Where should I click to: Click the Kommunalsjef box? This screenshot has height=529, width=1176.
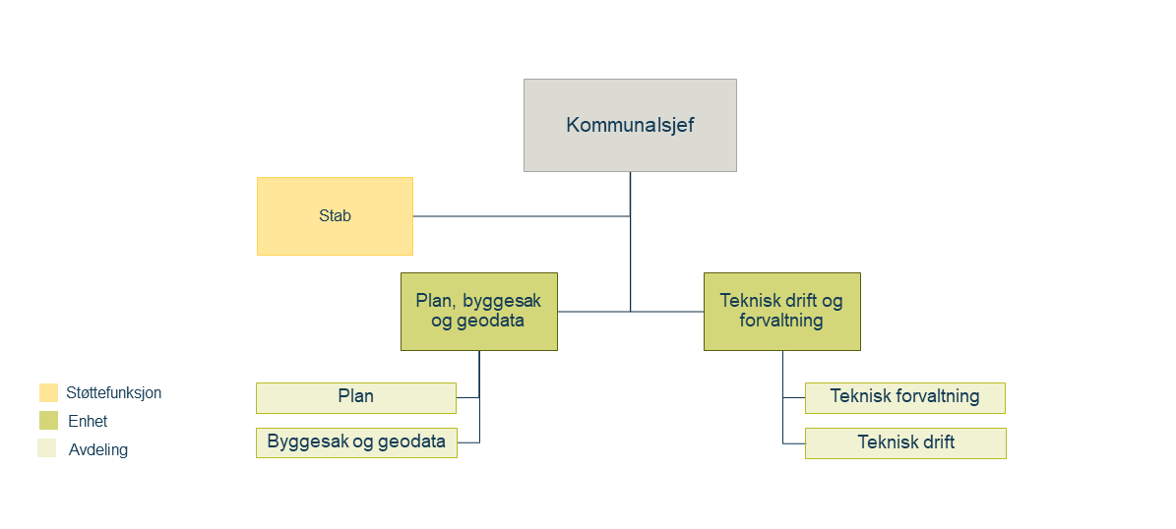(630, 125)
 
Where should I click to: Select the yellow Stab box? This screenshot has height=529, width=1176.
(335, 216)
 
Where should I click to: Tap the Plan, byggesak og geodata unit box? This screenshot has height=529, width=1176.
(479, 312)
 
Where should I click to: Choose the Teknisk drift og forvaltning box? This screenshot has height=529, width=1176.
(782, 312)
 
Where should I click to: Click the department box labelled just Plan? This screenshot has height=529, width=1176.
(356, 398)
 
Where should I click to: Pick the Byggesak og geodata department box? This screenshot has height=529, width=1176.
(356, 442)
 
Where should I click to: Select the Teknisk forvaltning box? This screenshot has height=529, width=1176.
(905, 398)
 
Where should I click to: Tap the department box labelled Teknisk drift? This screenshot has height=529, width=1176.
(905, 442)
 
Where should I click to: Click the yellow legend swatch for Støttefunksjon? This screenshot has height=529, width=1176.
(49, 392)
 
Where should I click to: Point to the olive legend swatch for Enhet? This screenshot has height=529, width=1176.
(49, 421)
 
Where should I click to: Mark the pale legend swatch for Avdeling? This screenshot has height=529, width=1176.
(47, 448)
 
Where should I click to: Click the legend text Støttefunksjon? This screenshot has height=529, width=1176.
(114, 392)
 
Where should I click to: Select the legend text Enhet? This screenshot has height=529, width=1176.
(88, 421)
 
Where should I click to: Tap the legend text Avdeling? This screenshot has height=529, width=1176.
(98, 450)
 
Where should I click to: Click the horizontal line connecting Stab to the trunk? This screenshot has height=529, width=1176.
(522, 216)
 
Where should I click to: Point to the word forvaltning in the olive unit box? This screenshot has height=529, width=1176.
(781, 322)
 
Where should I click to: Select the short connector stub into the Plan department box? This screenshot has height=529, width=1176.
(468, 398)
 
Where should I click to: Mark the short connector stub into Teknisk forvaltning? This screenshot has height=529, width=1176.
(794, 398)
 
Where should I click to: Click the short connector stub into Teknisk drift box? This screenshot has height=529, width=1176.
(794, 443)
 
